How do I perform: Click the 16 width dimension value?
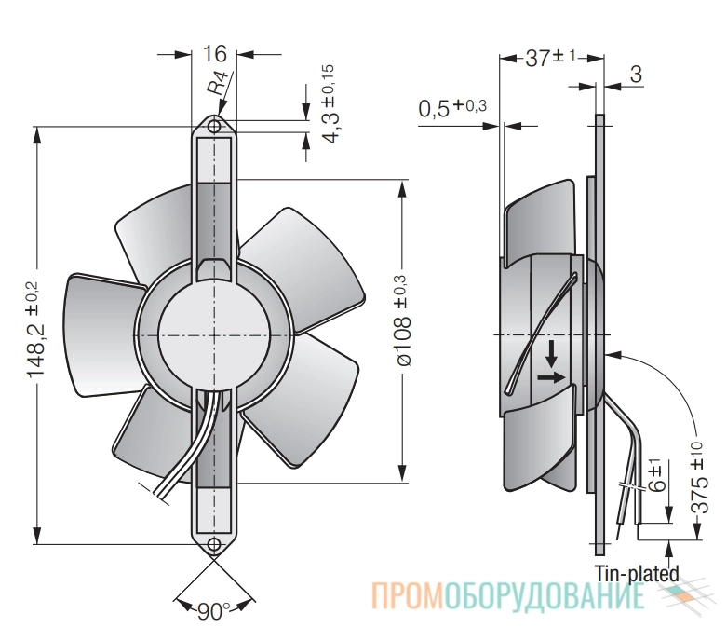point(215,54)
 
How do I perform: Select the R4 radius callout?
point(219,83)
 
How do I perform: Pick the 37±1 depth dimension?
point(550,59)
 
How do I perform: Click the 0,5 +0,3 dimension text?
point(452,108)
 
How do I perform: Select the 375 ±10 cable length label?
point(698,477)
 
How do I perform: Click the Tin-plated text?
point(637,574)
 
